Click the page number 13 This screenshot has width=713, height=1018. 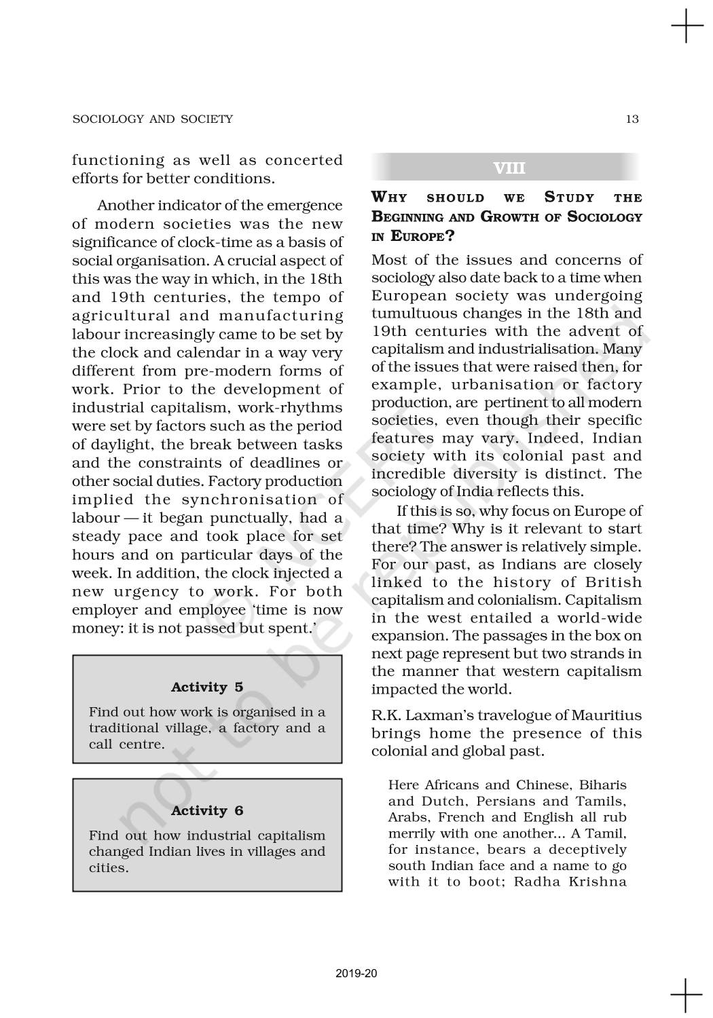pyautogui.click(x=632, y=119)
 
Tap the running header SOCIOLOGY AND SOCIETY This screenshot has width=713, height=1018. pyautogui.click(x=152, y=119)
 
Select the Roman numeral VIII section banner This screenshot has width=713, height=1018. pyautogui.click(x=509, y=168)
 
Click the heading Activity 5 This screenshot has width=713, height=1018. pyautogui.click(x=207, y=687)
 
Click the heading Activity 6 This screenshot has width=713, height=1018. pyautogui.click(x=207, y=810)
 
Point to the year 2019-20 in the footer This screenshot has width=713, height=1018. pyautogui.click(x=356, y=973)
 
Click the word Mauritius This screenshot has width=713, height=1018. pyautogui.click(x=606, y=715)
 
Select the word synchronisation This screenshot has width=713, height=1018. pyautogui.click(x=251, y=499)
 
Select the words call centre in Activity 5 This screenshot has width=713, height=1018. pyautogui.click(x=127, y=744)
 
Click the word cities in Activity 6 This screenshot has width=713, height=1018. pyautogui.click(x=108, y=868)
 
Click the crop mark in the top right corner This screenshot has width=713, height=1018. pyautogui.click(x=687, y=26)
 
